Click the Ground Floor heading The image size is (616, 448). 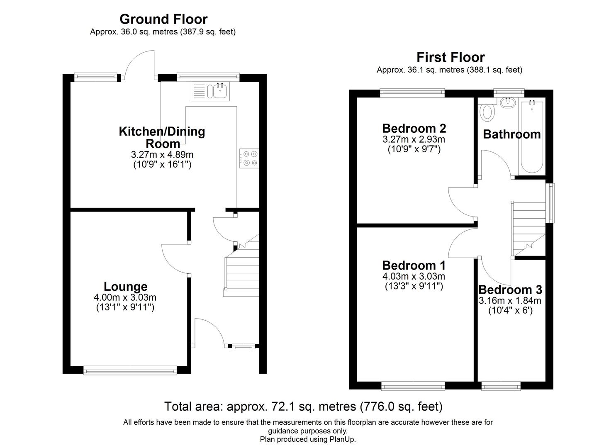tap(163, 19)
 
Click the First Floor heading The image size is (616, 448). tap(450, 57)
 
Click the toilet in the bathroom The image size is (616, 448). tap(487, 112)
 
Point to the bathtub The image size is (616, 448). tap(531, 136)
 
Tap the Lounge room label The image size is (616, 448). tap(125, 287)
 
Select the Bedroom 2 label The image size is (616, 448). tap(414, 128)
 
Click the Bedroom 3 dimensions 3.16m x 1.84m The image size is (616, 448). tap(510, 301)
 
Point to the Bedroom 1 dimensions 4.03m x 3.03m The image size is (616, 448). tap(414, 276)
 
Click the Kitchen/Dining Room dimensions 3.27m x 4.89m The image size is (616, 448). tap(162, 155)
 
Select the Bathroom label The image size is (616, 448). tap(511, 134)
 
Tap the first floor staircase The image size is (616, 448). tap(528, 228)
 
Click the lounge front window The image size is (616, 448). tap(130, 370)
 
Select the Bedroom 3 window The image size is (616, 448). tap(501, 387)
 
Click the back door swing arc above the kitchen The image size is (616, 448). tap(140, 64)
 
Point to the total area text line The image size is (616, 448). tap(303, 407)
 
